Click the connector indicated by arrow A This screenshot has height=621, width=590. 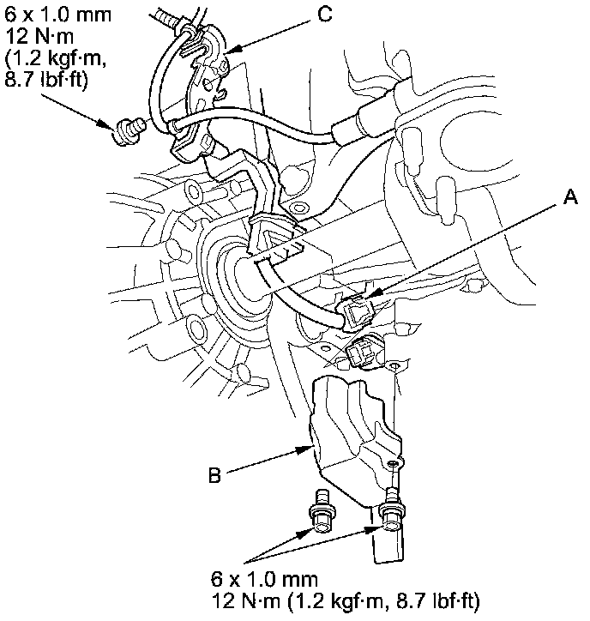coord(359,313)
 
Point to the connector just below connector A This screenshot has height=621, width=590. coord(364,350)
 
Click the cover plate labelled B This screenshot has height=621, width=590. coord(352,429)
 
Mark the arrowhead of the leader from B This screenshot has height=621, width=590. coord(308,448)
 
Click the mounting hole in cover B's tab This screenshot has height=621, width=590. coord(394,463)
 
